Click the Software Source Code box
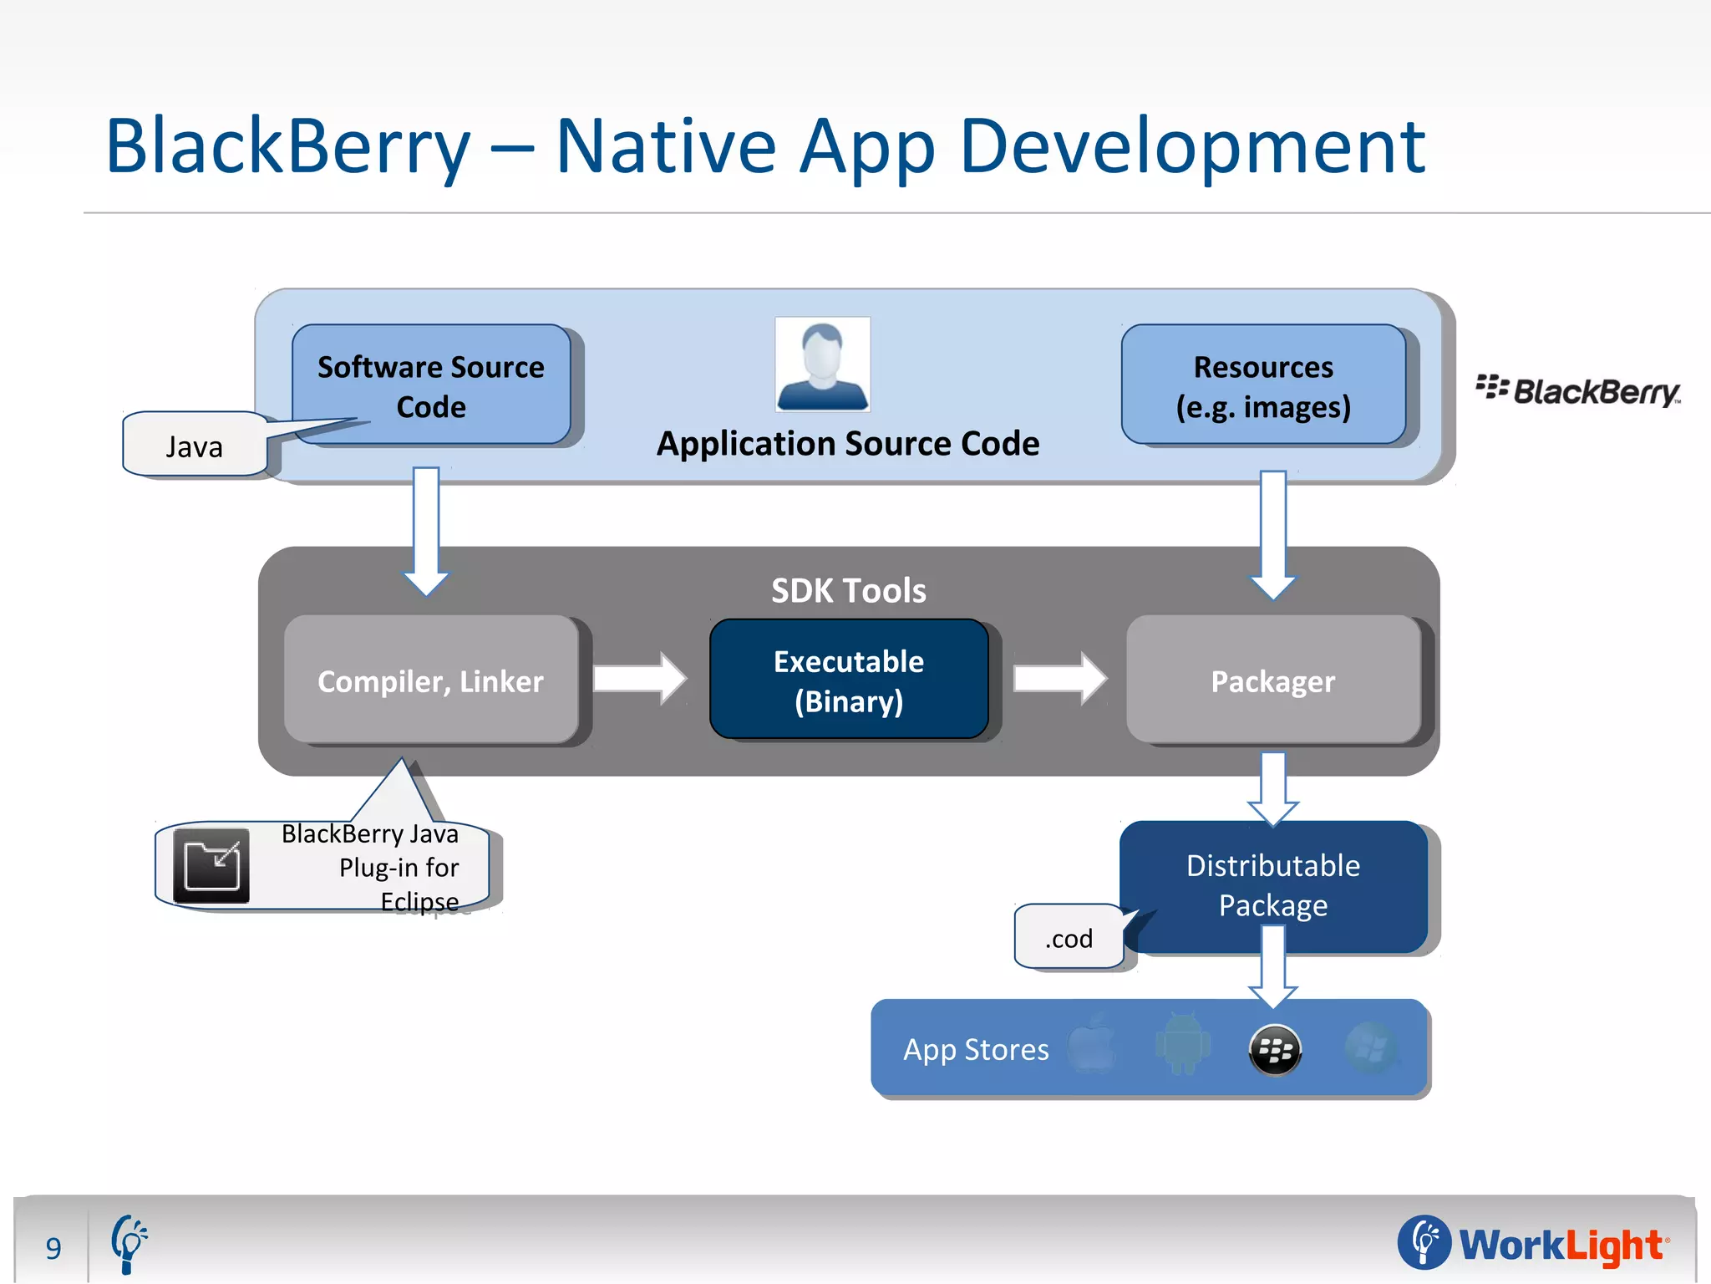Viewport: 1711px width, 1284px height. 431,385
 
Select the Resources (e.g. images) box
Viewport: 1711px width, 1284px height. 1263,385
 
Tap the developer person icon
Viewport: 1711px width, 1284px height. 823,364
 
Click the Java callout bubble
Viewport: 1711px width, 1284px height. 195,446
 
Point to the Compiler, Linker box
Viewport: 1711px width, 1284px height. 431,680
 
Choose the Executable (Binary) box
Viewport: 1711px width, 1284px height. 849,680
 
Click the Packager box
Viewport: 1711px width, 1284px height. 1272,680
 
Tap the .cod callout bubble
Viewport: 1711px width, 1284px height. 1069,938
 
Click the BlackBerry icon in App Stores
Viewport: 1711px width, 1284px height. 1275,1050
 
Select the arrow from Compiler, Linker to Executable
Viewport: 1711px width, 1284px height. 640,678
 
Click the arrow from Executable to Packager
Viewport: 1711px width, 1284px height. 1059,678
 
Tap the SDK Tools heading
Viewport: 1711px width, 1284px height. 849,590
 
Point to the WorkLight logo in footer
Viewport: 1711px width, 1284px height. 1534,1243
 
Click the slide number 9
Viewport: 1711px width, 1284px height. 53,1248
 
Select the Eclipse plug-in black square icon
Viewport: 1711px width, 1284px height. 211,866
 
